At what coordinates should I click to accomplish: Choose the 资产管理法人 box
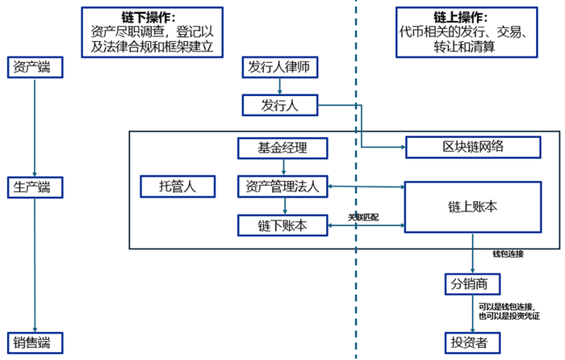(282, 186)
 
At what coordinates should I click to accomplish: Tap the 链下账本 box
(282, 224)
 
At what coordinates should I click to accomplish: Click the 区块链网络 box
(472, 147)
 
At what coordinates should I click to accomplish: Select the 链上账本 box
(472, 207)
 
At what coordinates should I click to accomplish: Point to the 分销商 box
(472, 283)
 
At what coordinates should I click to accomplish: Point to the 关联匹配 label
(364, 217)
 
